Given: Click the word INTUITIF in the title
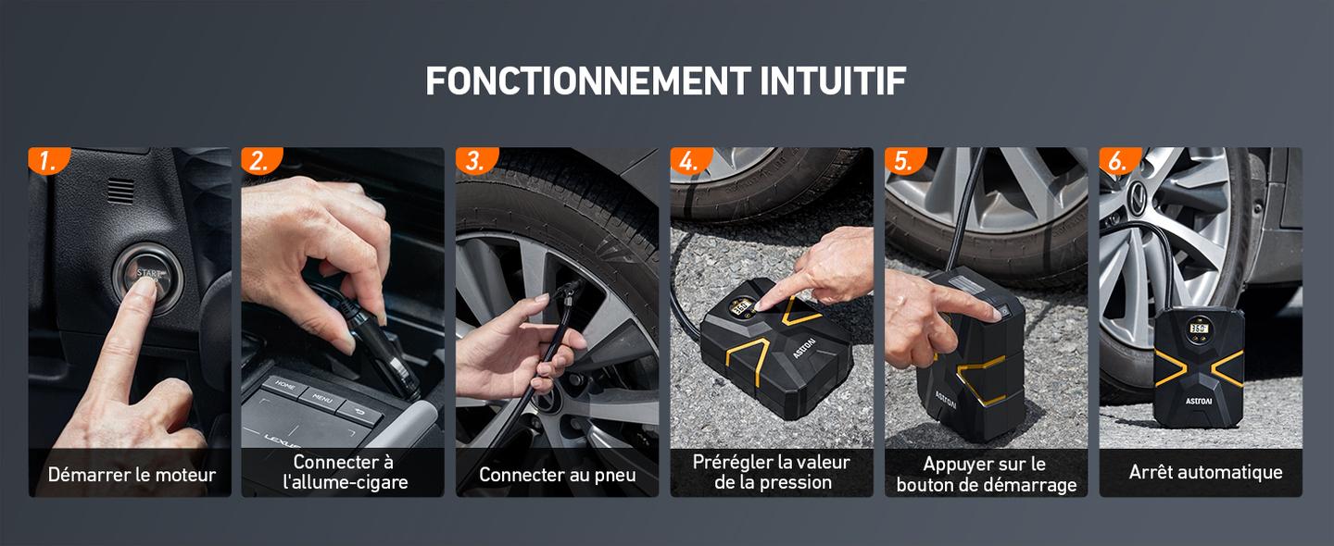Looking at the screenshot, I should [x=832, y=81].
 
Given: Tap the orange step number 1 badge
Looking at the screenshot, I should [x=47, y=161].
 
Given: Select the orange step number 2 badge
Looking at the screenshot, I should [x=260, y=161].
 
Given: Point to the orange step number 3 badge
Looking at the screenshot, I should [x=474, y=161].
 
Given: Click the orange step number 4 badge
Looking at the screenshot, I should [x=688, y=161].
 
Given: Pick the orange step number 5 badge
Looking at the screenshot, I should [x=903, y=161].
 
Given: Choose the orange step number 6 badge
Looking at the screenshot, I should [x=1117, y=161].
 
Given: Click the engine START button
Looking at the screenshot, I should [x=147, y=274].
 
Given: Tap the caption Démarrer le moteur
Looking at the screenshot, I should [x=132, y=475].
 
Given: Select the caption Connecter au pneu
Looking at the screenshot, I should [x=558, y=475].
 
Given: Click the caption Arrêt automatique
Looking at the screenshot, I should [x=1205, y=472].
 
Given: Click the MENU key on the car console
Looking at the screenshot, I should [x=321, y=401].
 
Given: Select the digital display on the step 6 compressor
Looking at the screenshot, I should [x=1199, y=329].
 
